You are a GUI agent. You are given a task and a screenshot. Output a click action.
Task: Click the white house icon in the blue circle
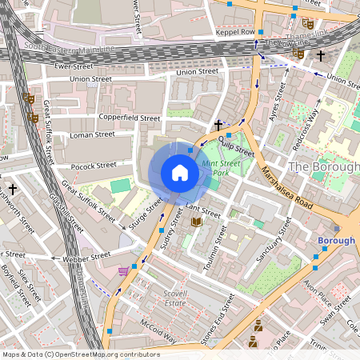[180, 173]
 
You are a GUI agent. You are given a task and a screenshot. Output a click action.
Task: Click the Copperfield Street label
[130, 117]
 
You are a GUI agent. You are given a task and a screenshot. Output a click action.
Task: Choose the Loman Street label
[93, 134]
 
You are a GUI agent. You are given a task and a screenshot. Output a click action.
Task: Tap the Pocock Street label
[94, 166]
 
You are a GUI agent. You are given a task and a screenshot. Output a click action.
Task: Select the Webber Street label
[89, 257]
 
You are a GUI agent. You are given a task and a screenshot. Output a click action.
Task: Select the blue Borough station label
[336, 240]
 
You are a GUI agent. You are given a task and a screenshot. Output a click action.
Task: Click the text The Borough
[321, 166]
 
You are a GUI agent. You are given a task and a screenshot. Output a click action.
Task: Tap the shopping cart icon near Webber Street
[122, 272]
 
